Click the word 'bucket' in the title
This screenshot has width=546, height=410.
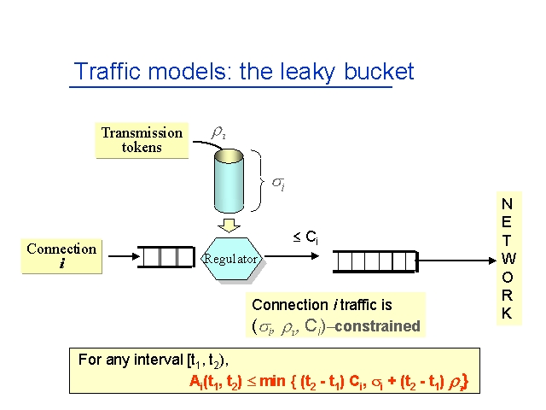379,72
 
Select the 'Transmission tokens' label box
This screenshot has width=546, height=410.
142,140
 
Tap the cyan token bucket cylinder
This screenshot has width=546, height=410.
229,181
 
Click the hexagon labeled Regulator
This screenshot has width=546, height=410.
231,259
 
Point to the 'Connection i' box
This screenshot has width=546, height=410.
61,256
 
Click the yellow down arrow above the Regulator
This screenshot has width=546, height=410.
229,225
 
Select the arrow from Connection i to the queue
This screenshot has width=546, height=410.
124,256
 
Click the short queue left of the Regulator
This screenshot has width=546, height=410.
166,257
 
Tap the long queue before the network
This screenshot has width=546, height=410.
375,261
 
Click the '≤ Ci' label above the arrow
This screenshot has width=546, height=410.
305,237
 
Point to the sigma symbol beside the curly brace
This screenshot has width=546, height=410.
279,184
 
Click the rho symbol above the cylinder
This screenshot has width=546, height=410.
218,132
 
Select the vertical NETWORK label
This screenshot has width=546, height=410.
508,258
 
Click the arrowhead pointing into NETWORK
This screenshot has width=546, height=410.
492,261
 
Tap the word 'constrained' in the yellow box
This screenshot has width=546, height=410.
377,326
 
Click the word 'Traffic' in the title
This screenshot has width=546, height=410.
107,71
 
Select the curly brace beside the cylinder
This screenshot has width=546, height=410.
258,181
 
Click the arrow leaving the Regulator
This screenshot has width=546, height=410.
292,256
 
